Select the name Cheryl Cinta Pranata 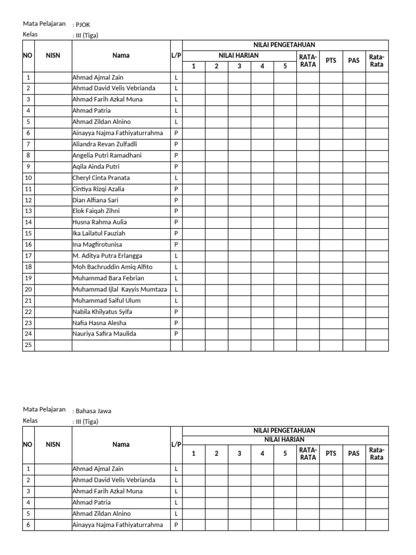click(x=101, y=178)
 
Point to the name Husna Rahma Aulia click(x=100, y=222)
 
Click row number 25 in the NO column click(x=28, y=345)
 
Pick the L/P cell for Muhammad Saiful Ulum click(x=176, y=300)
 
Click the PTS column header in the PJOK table click(x=330, y=60)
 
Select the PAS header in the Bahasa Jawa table click(x=354, y=454)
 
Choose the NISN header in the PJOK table click(x=53, y=55)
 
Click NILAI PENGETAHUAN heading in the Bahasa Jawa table click(x=285, y=430)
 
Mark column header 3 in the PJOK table click(x=239, y=66)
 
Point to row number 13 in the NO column click(x=28, y=211)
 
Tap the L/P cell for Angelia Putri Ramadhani click(x=176, y=156)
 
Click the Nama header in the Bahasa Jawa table click(x=121, y=444)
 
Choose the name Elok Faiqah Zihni click(x=96, y=211)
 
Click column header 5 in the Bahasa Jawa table click(x=285, y=454)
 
